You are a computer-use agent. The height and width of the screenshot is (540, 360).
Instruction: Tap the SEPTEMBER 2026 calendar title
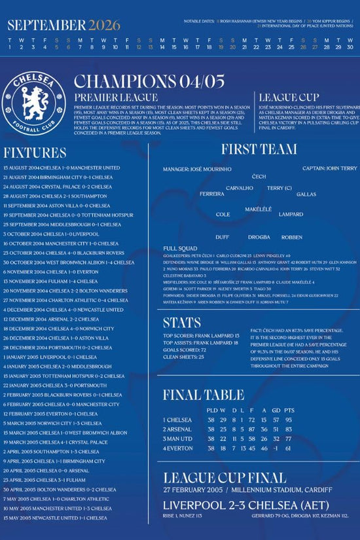pyautogui.click(x=64, y=26)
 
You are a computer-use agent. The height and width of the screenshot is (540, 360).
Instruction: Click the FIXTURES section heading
pyautogui.click(x=35, y=153)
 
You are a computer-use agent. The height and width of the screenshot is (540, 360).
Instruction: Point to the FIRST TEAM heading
pyautogui.click(x=259, y=149)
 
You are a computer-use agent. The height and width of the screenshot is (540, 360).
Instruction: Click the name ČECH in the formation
pyautogui.click(x=259, y=177)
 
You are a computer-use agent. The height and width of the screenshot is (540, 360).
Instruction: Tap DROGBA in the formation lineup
pyautogui.click(x=259, y=237)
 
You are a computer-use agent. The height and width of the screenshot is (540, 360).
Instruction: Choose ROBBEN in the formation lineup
pyautogui.click(x=292, y=237)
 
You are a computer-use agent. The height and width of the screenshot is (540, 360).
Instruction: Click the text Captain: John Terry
pyautogui.click(x=329, y=168)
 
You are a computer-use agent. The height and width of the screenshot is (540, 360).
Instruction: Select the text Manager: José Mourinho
pyautogui.click(x=197, y=169)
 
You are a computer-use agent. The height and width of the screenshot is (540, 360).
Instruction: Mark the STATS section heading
pyautogui.click(x=182, y=323)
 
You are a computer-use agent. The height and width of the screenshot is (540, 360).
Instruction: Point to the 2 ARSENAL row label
pyautogui.click(x=178, y=429)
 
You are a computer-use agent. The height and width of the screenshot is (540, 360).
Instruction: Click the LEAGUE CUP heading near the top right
pyautogui.click(x=289, y=98)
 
